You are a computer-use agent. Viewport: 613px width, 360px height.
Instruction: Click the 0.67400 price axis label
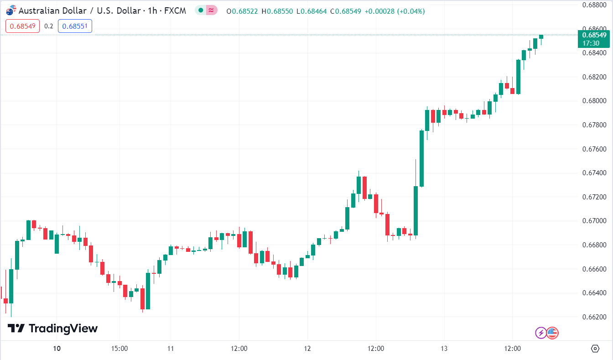tap(594, 173)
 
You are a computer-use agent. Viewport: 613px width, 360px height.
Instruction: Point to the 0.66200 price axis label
tap(594, 317)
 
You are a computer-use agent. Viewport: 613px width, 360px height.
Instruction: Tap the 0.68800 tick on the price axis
tap(594, 5)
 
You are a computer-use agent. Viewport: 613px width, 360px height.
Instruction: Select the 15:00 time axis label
tap(119, 349)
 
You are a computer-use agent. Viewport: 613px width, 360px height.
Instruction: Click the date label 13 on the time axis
tap(444, 349)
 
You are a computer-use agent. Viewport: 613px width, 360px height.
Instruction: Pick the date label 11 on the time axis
tap(170, 349)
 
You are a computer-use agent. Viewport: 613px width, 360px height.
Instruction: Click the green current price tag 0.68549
tap(593, 35)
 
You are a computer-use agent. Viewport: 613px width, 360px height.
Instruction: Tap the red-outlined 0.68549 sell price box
tap(23, 26)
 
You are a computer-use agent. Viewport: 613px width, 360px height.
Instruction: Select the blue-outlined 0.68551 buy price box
tap(75, 26)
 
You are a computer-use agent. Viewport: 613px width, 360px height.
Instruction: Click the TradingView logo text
tap(63, 329)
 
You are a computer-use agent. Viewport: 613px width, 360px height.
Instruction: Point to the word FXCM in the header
tap(175, 10)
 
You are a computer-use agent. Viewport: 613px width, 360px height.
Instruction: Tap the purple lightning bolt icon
tap(540, 333)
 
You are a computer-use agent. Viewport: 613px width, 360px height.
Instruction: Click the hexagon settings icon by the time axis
tap(595, 349)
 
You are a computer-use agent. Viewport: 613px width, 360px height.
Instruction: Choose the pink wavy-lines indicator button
tap(211, 10)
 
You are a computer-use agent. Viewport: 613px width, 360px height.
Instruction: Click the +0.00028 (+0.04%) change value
tap(395, 11)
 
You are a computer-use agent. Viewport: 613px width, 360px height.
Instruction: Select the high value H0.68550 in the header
tap(277, 11)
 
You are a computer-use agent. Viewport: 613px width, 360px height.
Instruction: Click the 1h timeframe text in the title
tap(153, 10)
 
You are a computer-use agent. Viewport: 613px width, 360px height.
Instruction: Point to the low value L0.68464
tap(312, 11)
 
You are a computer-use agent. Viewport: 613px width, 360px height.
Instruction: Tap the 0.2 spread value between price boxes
tap(49, 26)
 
